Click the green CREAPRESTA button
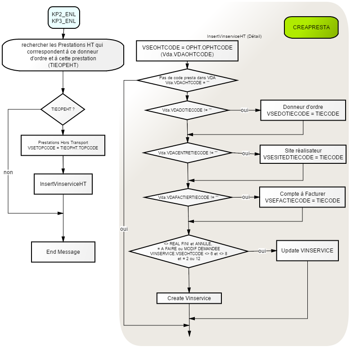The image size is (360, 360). [311, 27]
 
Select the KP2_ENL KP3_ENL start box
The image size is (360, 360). [64, 18]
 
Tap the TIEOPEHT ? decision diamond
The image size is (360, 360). [63, 109]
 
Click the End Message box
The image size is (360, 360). [63, 252]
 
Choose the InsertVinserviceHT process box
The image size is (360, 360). [63, 184]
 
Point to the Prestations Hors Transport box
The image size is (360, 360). [63, 145]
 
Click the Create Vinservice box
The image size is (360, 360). [189, 298]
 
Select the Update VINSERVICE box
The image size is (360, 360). [307, 251]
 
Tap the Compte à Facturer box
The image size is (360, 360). [302, 197]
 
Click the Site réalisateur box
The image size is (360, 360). [303, 154]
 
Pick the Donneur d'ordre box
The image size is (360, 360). [303, 110]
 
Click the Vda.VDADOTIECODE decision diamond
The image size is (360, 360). [187, 110]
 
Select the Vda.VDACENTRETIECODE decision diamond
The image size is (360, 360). [188, 153]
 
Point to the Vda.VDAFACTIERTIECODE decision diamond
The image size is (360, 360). [188, 198]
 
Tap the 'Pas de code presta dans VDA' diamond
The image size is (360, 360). [187, 81]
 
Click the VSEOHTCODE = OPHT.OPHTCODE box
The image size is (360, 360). [187, 51]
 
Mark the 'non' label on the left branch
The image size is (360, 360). [8, 172]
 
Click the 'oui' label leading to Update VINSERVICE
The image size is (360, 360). [262, 251]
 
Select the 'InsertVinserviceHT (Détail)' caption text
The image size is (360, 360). [234, 36]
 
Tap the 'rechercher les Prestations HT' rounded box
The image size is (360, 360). [63, 55]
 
